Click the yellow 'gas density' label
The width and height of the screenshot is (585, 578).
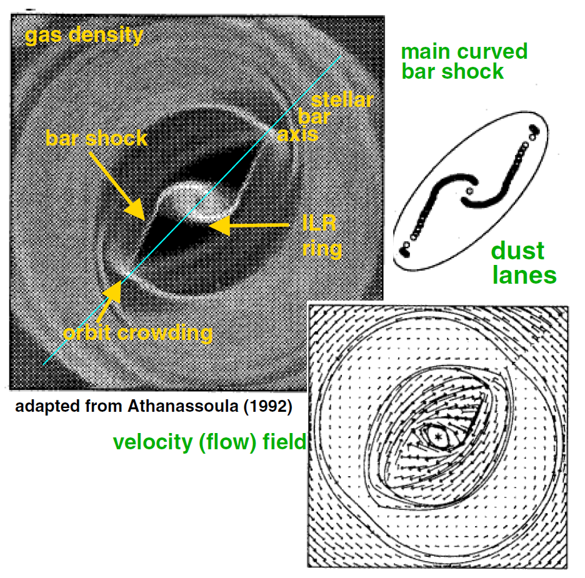tap(84, 36)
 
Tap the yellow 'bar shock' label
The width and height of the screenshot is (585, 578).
tap(96, 138)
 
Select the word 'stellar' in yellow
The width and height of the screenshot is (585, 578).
tap(342, 100)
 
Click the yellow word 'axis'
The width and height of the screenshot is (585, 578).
tap(298, 134)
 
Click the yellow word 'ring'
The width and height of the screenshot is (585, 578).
tap(322, 249)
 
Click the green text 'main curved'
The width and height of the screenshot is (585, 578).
tap(464, 51)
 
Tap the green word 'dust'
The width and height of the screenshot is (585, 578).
tap(517, 251)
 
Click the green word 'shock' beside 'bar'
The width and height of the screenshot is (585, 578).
tap(474, 71)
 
